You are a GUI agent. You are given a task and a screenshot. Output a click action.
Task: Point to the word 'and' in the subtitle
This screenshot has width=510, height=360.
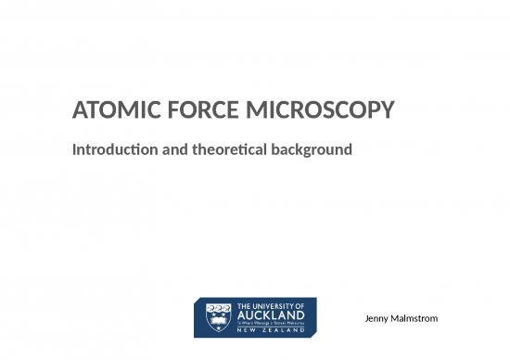click(169, 148)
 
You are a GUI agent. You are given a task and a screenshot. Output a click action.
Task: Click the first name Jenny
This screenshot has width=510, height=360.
click(380, 319)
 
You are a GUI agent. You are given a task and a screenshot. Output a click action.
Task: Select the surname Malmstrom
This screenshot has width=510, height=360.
click(416, 319)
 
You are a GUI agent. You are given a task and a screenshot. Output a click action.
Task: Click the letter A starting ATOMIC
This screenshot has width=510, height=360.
click(80, 113)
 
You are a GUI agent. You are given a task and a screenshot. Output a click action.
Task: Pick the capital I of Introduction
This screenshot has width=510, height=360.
click(74, 148)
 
